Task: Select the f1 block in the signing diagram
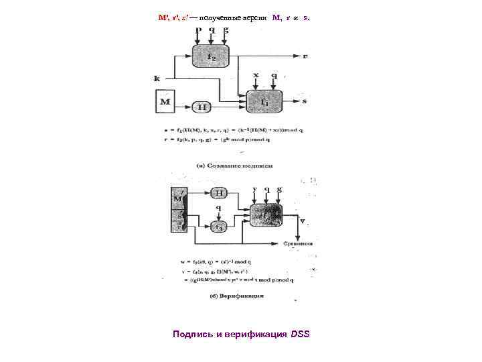point(264,102)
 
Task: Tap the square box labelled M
point(164,103)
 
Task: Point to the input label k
point(157,78)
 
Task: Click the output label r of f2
point(305,57)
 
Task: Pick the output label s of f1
point(305,101)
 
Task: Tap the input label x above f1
point(256,76)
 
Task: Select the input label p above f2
point(197,30)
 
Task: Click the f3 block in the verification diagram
point(218,227)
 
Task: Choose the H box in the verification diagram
point(218,192)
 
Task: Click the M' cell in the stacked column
point(179,198)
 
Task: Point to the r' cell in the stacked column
point(179,227)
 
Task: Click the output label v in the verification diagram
point(304,221)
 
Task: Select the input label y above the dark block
point(255,190)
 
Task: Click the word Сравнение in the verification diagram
point(299,244)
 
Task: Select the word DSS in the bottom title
point(301,334)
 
